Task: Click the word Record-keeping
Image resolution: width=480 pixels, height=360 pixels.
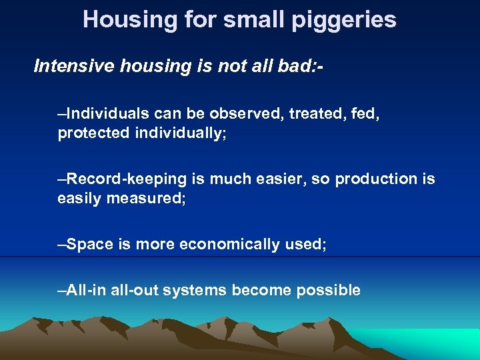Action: pos(126,179)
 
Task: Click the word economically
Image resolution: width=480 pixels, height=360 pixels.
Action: pos(227,245)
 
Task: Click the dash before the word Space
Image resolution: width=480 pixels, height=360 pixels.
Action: pos(62,245)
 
